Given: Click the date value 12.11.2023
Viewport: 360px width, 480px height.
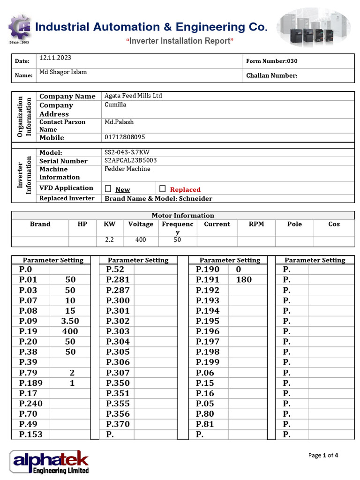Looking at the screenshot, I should click(55, 58).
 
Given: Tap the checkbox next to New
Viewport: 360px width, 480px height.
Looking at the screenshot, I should click(108, 189).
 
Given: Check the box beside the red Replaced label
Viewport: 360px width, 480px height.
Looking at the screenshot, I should click(163, 189).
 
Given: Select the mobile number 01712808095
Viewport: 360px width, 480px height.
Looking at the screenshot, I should click(124, 137).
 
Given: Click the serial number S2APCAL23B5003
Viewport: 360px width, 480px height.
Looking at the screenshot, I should click(130, 160).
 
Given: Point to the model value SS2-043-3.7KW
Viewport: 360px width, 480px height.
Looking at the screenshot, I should click(127, 152).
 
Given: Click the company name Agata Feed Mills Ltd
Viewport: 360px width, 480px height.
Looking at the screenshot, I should click(133, 96).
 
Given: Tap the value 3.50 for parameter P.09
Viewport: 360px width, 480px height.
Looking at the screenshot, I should click(70, 321).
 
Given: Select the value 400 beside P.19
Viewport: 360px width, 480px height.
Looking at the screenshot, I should click(70, 331).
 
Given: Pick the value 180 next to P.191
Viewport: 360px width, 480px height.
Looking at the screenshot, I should click(244, 280).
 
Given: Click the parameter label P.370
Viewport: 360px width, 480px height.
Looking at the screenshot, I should click(118, 424).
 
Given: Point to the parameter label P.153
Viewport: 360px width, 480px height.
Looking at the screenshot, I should click(30, 435).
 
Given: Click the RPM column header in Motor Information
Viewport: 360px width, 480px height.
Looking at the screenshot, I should click(256, 224).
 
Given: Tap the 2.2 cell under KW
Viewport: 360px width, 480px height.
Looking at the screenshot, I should click(109, 240).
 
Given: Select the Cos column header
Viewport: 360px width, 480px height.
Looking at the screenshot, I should click(334, 224).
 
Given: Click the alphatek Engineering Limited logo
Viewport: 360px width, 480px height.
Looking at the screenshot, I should click(49, 462).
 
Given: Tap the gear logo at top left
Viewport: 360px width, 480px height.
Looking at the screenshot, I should click(20, 28).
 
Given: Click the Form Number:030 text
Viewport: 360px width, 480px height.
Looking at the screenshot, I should click(271, 61).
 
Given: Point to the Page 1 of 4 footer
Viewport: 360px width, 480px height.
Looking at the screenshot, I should click(323, 455).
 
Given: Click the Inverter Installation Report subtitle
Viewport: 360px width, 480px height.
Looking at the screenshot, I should click(180, 41).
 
